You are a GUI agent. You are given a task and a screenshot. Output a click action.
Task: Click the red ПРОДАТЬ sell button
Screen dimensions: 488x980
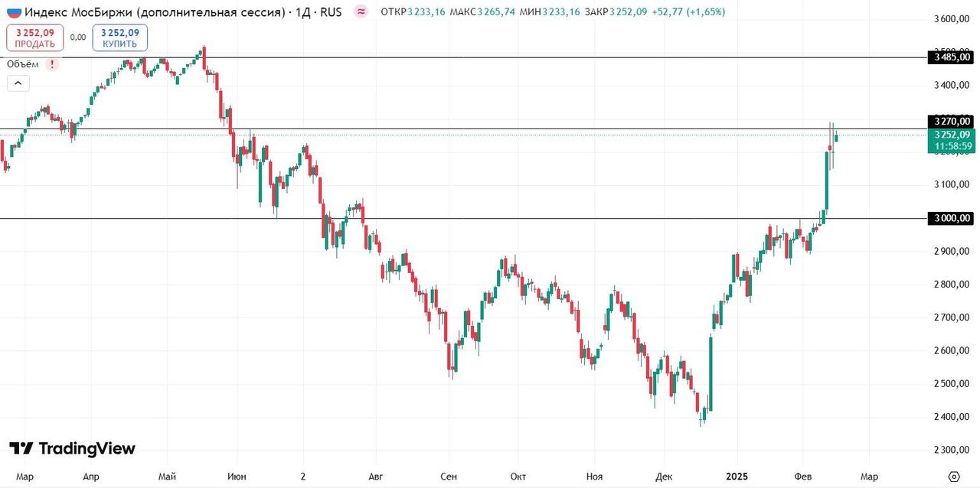tap(34, 37)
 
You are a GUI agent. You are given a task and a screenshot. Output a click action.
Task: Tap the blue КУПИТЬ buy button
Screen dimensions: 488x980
tap(120, 37)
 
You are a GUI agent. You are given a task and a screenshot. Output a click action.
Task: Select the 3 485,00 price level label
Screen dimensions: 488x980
tap(952, 57)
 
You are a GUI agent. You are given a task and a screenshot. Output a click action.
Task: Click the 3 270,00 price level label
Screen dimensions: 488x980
tap(952, 121)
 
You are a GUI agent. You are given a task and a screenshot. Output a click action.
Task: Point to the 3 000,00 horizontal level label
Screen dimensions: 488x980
tap(952, 219)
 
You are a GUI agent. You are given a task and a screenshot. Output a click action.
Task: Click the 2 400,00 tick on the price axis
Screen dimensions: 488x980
tap(952, 417)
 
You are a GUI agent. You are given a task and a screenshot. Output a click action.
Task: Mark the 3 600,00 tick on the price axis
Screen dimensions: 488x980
tap(952, 19)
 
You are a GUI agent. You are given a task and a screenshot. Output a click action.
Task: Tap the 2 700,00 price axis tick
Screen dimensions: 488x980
tap(952, 317)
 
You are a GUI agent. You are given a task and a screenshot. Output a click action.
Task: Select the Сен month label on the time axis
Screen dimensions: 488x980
tap(449, 477)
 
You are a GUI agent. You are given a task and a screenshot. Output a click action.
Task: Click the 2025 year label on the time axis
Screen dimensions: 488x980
tap(737, 477)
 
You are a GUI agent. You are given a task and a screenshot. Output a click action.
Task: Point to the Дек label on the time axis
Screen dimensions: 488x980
tap(664, 477)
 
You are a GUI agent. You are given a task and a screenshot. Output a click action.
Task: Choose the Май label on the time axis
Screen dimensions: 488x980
tap(168, 477)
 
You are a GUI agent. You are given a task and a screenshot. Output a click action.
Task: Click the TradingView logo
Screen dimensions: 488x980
tap(72, 449)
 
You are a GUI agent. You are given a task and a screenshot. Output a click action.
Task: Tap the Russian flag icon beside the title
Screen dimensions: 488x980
tap(14, 12)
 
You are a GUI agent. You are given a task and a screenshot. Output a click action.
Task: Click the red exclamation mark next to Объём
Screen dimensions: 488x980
tap(52, 64)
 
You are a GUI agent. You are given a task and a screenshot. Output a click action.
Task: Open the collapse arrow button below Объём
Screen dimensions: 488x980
tap(18, 83)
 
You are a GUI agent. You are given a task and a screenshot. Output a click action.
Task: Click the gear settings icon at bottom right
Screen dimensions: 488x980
tap(953, 477)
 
